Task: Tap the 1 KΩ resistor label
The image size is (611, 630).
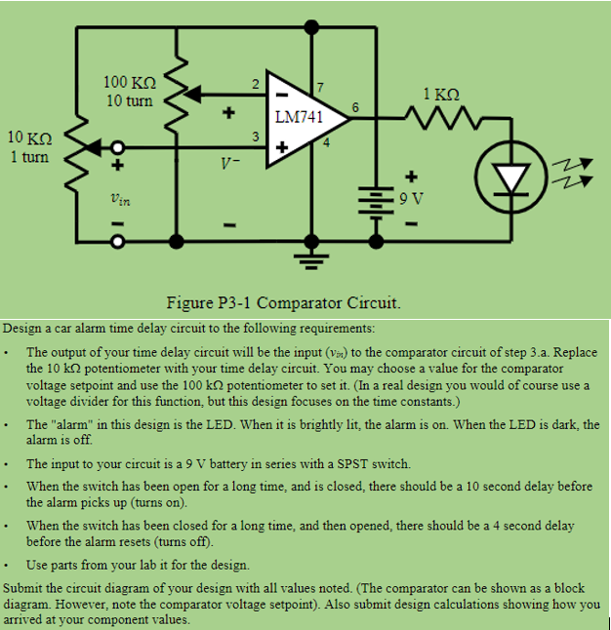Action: coord(441,95)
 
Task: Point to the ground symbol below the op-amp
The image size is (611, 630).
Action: coord(312,257)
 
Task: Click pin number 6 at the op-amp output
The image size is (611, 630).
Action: coord(354,105)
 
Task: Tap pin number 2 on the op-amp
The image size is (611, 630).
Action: coord(255,83)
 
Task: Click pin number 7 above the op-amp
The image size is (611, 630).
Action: coord(320,90)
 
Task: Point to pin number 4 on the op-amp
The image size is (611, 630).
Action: coord(327,144)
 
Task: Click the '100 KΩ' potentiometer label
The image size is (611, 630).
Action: coord(129,84)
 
